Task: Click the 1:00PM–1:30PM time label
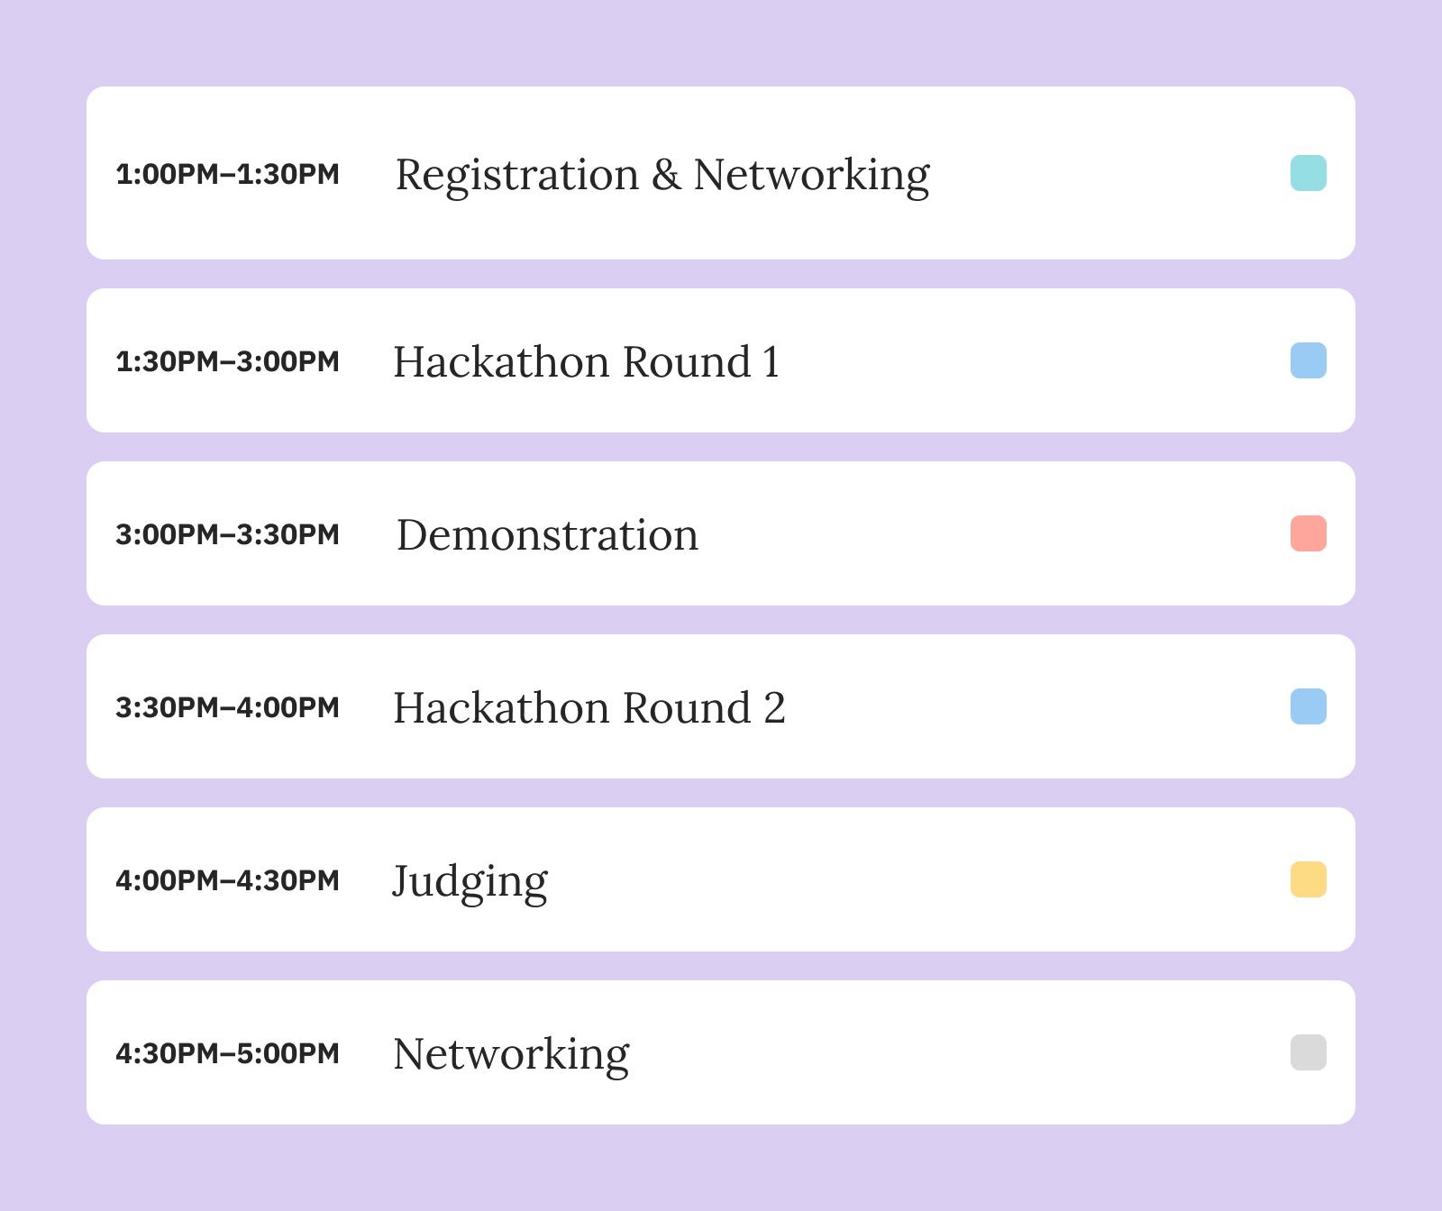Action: point(227,174)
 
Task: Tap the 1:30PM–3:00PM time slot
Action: point(227,361)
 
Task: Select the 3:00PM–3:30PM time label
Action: point(227,534)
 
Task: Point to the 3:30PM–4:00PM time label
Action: point(227,707)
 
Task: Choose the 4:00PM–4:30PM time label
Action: point(227,880)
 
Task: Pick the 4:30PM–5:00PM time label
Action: point(227,1053)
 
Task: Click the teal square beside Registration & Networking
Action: point(1309,173)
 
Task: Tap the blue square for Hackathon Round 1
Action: point(1309,360)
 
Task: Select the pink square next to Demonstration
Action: point(1309,533)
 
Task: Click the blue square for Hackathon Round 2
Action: point(1309,706)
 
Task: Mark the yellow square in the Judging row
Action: point(1309,879)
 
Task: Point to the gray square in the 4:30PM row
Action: point(1309,1052)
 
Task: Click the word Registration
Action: point(517,177)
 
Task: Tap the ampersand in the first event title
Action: point(666,174)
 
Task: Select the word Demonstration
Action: point(547,534)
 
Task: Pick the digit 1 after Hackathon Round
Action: point(771,362)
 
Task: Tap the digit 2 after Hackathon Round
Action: point(774,708)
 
